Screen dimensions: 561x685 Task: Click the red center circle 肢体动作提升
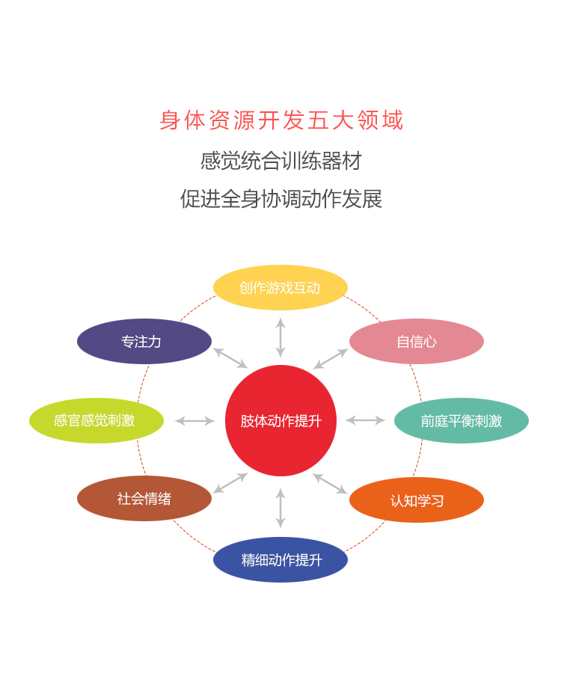(280, 420)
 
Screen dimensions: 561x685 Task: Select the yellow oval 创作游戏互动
(280, 287)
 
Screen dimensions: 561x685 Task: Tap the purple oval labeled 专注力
(144, 341)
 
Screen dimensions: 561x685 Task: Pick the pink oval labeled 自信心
(417, 341)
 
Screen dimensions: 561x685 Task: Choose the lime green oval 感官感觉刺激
(96, 420)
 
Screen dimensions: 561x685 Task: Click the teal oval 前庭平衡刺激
(462, 420)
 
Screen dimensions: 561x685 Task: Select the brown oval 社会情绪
(144, 499)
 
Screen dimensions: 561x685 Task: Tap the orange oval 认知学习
(417, 500)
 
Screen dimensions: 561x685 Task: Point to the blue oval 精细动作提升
(280, 559)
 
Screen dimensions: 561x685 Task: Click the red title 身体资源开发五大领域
(281, 120)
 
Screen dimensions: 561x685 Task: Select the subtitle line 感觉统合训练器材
(281, 161)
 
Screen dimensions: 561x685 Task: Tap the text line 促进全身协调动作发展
(281, 199)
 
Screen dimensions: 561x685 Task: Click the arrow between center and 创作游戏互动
(280, 338)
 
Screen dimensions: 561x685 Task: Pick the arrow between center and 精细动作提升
(280, 508)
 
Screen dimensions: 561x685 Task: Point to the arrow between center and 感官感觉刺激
(194, 421)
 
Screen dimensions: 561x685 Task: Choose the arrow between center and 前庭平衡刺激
(365, 420)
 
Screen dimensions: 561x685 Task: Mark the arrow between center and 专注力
(230, 357)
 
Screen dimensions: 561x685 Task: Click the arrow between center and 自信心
(331, 359)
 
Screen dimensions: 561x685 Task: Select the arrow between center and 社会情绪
(230, 483)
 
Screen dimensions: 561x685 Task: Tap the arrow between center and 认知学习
(331, 484)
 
